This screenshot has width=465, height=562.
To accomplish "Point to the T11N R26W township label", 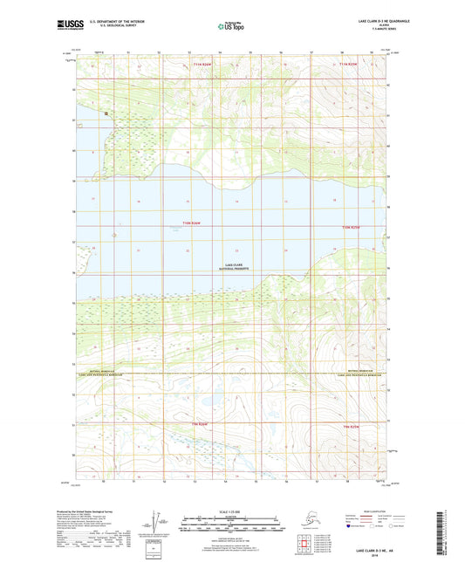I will [x=202, y=65].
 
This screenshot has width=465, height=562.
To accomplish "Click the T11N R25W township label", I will [x=349, y=65].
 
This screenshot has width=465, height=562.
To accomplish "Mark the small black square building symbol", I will [x=106, y=113].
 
